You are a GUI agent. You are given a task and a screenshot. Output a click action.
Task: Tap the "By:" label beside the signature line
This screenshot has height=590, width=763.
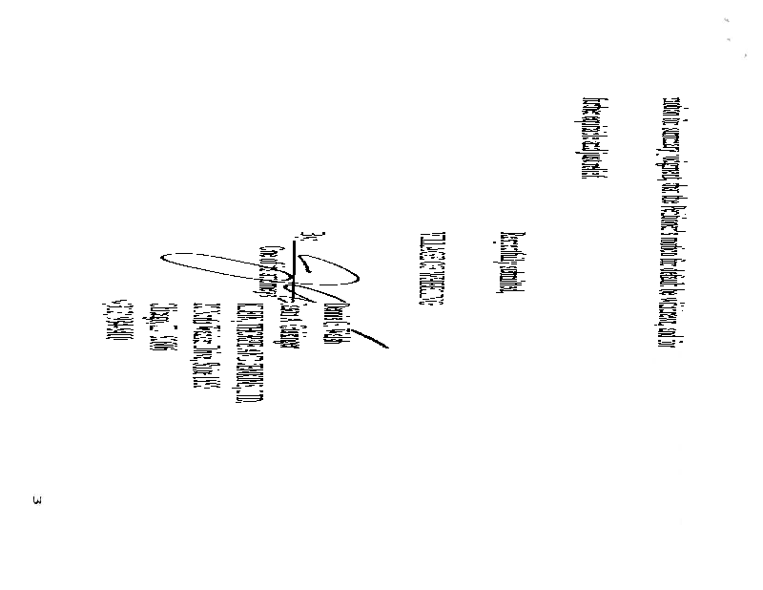303,236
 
